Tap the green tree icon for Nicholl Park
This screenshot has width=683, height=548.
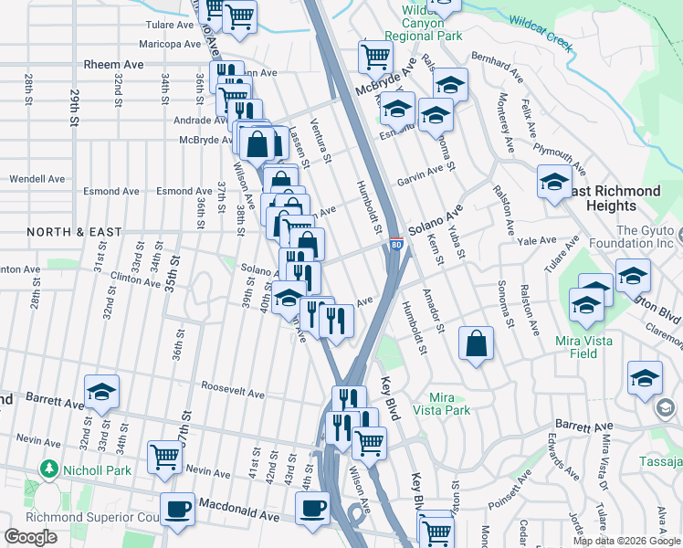pyautogui.click(x=47, y=469)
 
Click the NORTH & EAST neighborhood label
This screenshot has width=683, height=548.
pyautogui.click(x=74, y=232)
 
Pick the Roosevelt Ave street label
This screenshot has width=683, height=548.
pyautogui.click(x=233, y=395)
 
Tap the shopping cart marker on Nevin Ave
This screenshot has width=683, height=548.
pyautogui.click(x=165, y=454)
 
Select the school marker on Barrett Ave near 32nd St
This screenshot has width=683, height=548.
pyautogui.click(x=102, y=391)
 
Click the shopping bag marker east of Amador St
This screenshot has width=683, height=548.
pyautogui.click(x=477, y=343)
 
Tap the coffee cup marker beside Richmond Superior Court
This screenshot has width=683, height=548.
pyautogui.click(x=177, y=508)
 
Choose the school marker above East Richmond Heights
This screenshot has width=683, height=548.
pyautogui.click(x=554, y=182)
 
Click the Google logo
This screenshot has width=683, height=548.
pyautogui.click(x=30, y=537)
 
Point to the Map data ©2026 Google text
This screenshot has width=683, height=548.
pyautogui.click(x=626, y=541)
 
